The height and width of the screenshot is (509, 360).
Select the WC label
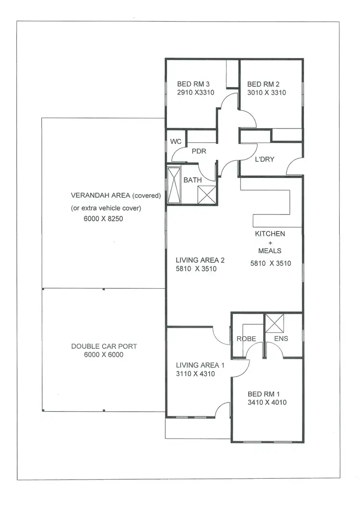point(175,142)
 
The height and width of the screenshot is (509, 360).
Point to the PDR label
point(199,151)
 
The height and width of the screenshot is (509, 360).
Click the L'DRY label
point(264,159)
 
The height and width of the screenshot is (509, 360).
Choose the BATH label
point(192,180)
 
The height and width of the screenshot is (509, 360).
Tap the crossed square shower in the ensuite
point(275,323)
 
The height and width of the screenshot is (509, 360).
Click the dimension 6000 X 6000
point(104,355)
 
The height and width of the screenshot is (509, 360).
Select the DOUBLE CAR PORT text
point(104,346)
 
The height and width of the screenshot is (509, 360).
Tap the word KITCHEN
point(270,234)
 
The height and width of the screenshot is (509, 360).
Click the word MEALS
point(270,251)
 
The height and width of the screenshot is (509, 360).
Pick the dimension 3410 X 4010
point(267,402)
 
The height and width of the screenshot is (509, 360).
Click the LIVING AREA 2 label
point(200,260)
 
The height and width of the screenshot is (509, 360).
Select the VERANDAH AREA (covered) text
point(116,196)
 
